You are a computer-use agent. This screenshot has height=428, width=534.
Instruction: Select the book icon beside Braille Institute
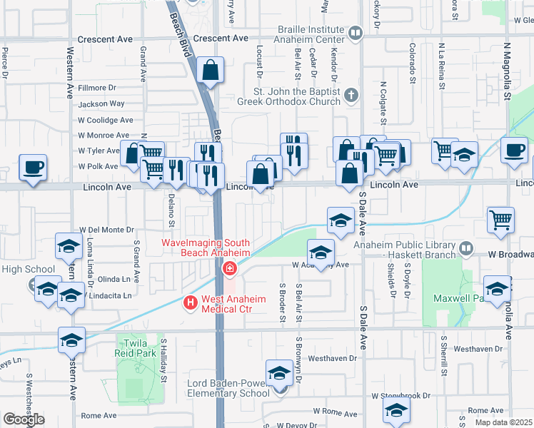click(355, 33)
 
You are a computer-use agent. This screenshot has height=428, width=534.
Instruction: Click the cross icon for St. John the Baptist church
click(351, 95)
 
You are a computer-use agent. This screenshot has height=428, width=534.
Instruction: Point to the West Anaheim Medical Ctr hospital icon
click(191, 302)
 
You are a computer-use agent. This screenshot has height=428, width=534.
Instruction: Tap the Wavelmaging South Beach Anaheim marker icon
click(230, 269)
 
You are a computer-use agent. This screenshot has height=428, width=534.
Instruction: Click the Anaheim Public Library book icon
click(466, 248)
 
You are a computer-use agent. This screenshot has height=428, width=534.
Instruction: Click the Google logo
click(24, 419)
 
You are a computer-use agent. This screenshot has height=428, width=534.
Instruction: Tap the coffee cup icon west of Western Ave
click(32, 168)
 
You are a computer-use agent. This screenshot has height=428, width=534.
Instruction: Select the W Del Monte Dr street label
click(108, 230)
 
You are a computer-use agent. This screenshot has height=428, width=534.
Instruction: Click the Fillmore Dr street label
click(97, 88)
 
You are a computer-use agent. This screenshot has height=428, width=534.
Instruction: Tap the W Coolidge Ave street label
click(106, 120)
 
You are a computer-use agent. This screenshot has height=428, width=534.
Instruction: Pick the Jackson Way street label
click(101, 104)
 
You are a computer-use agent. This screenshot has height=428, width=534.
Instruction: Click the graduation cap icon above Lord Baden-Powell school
click(279, 373)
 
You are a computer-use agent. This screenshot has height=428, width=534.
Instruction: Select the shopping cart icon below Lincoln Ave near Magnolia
click(500, 220)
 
